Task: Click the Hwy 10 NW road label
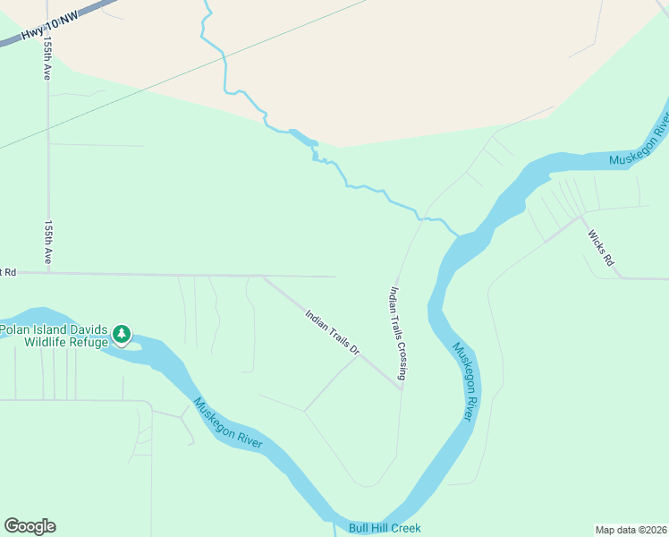(x=46, y=30)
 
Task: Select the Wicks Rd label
(x=601, y=248)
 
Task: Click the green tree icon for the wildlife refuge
(x=122, y=335)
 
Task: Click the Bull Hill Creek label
(x=385, y=528)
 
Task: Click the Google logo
(x=30, y=526)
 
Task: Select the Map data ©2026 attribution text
(x=631, y=530)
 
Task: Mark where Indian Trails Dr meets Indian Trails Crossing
(x=401, y=388)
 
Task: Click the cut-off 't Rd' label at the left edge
(x=8, y=271)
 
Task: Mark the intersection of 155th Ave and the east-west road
(x=48, y=273)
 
